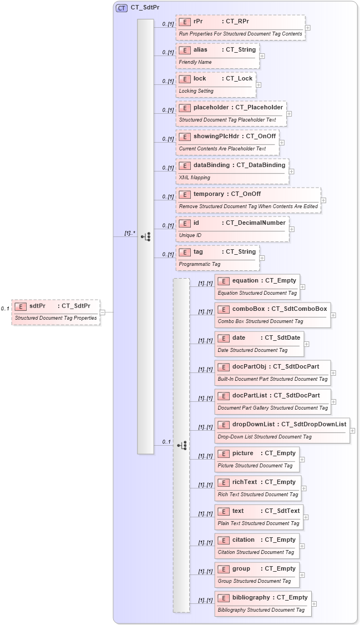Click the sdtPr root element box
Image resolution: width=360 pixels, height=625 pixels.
(x=55, y=311)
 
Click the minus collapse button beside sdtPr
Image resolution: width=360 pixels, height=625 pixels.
(x=103, y=312)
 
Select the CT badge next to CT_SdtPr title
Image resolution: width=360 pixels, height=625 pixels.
(x=121, y=8)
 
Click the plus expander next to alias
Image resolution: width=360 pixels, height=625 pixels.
(x=262, y=56)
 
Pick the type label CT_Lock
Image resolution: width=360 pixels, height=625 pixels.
(x=239, y=78)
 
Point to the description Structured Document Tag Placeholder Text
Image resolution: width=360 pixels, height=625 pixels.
(x=227, y=120)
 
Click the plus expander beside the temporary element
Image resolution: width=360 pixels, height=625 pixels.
(x=323, y=200)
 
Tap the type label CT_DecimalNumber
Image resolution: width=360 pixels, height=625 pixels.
(x=256, y=223)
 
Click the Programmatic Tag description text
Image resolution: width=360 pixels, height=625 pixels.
(x=199, y=264)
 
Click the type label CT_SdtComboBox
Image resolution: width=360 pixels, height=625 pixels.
(x=299, y=309)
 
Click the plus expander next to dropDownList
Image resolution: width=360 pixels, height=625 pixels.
(x=352, y=430)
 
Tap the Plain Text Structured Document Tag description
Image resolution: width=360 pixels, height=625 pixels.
(x=258, y=523)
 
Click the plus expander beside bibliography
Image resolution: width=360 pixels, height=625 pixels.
(x=314, y=604)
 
